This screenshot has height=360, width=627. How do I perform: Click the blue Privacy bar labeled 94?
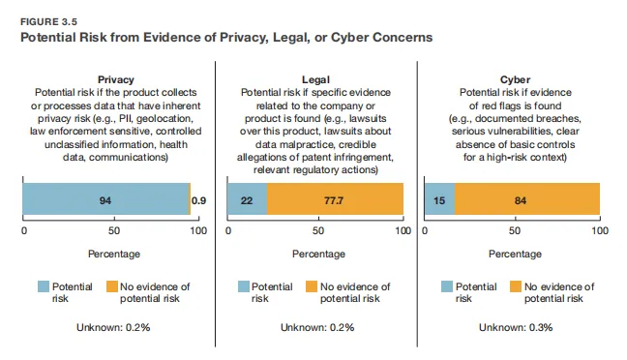[x=106, y=198]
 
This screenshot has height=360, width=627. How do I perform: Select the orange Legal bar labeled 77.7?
[x=335, y=198]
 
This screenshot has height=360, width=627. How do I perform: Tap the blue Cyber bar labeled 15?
[x=440, y=198]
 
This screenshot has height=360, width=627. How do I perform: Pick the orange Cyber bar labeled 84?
[x=527, y=198]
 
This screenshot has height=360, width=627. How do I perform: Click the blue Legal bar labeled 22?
[x=247, y=198]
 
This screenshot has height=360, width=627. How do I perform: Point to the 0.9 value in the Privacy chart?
[x=198, y=200]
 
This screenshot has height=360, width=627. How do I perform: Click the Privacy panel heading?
[x=116, y=79]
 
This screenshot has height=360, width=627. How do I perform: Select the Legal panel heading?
[x=315, y=79]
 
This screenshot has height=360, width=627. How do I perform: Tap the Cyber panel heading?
[x=515, y=79]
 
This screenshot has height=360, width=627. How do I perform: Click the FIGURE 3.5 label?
[x=48, y=21]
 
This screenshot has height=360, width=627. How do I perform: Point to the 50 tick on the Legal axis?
[x=318, y=230]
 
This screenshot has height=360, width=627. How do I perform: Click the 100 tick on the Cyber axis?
[x=600, y=230]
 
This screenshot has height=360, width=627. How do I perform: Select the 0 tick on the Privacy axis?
[x=24, y=230]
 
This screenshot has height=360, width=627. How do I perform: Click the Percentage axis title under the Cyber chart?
[x=515, y=254]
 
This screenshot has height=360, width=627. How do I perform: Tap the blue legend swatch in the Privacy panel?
[x=44, y=286]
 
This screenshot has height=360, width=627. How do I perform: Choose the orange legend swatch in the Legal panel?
[x=312, y=286]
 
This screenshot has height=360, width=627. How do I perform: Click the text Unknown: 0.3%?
[x=516, y=327]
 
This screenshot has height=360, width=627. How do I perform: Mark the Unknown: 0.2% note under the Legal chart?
[x=317, y=327]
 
